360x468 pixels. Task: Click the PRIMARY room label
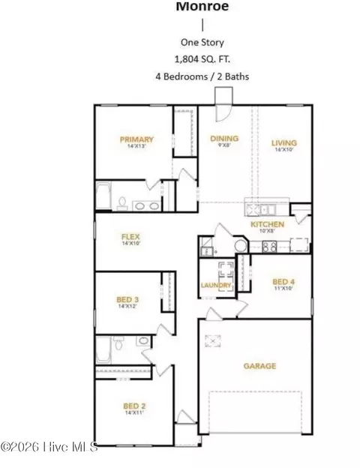[x=136, y=139]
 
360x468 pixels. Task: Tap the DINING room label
[x=224, y=138]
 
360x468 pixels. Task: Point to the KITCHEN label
[x=267, y=224]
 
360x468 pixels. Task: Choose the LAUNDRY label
[x=216, y=285]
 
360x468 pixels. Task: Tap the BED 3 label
[x=128, y=299]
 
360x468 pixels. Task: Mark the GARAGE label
[x=259, y=366]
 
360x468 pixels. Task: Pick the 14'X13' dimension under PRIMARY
[x=136, y=148]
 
